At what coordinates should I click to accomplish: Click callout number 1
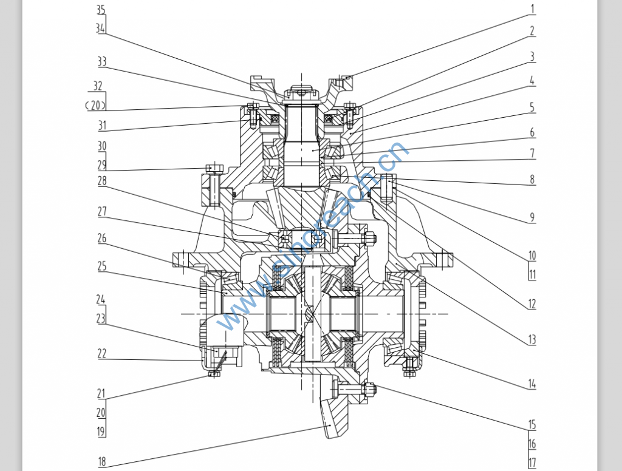532,9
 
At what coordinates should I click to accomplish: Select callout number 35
101,10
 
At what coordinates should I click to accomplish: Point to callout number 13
532,339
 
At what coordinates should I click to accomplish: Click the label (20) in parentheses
95,105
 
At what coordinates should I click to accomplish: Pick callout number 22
101,353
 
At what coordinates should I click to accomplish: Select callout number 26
101,239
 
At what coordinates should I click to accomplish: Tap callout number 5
532,107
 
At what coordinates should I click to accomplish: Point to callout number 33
101,61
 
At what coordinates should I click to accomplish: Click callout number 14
532,384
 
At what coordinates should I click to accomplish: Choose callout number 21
101,393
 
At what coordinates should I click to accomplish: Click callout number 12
532,303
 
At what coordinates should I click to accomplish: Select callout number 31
101,126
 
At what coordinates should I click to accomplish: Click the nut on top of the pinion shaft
301,92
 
